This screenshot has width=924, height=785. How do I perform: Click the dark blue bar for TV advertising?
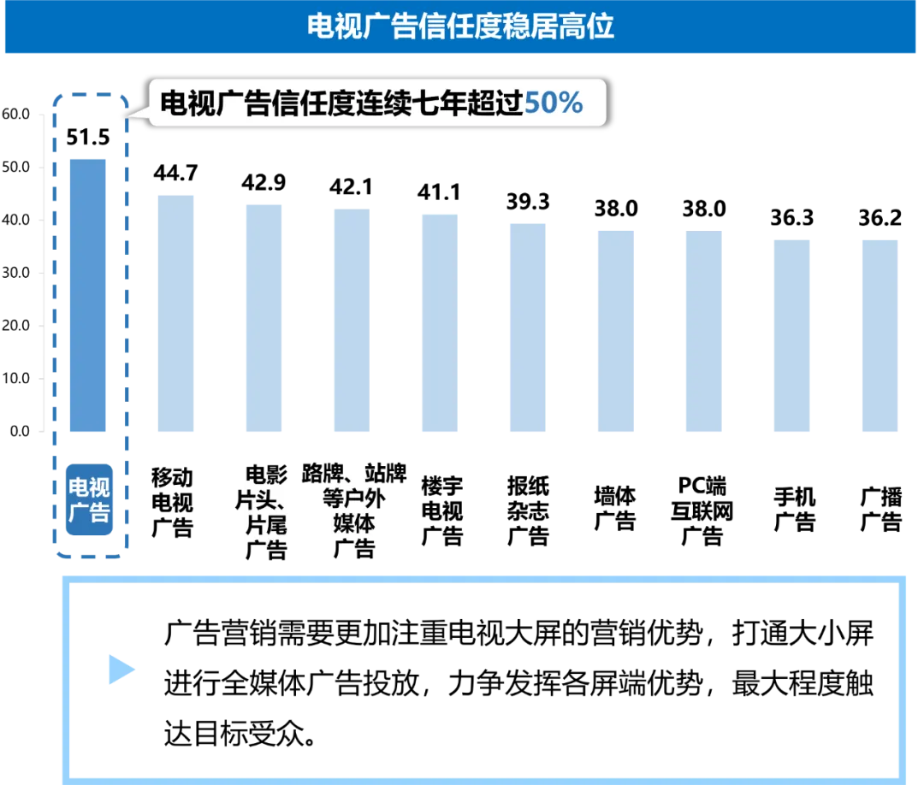[x=89, y=295]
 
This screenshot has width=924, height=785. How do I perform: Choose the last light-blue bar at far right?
[x=880, y=338]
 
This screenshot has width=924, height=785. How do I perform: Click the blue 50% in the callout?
[x=553, y=103]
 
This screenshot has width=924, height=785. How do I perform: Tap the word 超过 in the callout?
[x=496, y=103]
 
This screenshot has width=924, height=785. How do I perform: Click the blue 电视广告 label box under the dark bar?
[x=89, y=500]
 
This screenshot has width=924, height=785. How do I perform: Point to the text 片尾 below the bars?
[x=266, y=523]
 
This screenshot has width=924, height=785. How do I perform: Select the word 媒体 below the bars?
[x=354, y=523]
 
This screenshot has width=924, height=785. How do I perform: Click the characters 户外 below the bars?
[x=363, y=500]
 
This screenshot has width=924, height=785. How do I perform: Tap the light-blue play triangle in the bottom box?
[x=119, y=670]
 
